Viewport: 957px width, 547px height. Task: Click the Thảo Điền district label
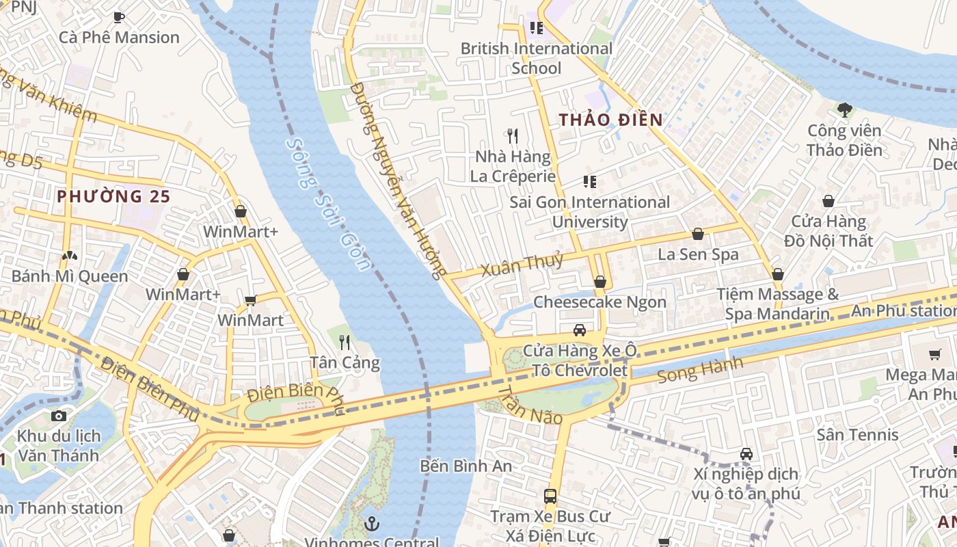(x=610, y=120)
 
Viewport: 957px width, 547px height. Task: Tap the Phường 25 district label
(x=113, y=196)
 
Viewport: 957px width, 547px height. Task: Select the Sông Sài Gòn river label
(x=327, y=204)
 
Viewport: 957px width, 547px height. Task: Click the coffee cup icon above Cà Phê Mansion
(x=119, y=17)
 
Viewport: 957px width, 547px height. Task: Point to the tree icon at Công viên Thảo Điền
(x=844, y=109)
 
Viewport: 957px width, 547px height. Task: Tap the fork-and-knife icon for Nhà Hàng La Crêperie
(x=513, y=136)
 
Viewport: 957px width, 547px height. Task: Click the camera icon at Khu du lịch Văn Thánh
(x=59, y=416)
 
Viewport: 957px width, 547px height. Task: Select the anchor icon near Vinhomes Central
(x=372, y=524)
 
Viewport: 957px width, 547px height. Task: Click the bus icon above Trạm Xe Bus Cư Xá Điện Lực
(x=550, y=496)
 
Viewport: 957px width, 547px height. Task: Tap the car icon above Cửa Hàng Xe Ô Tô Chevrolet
(x=579, y=330)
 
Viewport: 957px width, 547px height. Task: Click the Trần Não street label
(x=530, y=405)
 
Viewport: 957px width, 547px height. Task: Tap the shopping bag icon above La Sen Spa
(x=697, y=235)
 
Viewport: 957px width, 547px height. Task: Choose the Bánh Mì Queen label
(x=70, y=276)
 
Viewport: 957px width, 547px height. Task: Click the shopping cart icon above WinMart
(x=250, y=300)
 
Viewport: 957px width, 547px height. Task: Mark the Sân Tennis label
(x=857, y=435)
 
